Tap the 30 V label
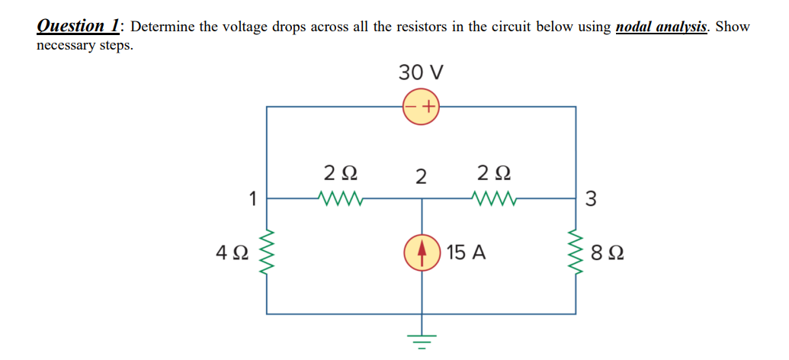click(422, 73)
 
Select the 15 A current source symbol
click(422, 252)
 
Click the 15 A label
click(467, 252)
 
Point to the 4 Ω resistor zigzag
click(268, 252)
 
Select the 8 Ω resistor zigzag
click(576, 252)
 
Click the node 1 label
click(252, 200)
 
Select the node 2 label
click(421, 176)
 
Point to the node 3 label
click(592, 200)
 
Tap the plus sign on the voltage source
click(429, 107)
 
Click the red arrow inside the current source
click(422, 252)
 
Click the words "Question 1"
click(79, 26)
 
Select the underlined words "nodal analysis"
click(662, 27)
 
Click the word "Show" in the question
click(733, 27)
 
